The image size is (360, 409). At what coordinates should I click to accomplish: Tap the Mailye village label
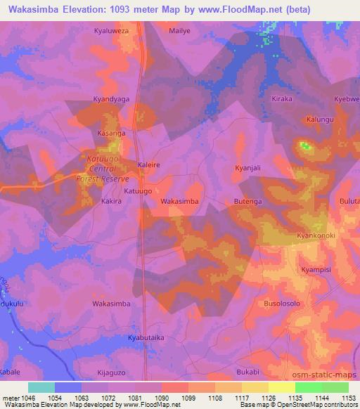pos(180,32)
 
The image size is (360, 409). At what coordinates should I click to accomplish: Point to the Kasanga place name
pos(111,132)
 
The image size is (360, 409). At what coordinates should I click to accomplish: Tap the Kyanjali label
pos(247,168)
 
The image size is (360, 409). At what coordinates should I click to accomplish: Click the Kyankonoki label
pos(316,235)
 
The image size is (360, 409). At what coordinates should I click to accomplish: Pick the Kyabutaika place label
pos(146,337)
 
